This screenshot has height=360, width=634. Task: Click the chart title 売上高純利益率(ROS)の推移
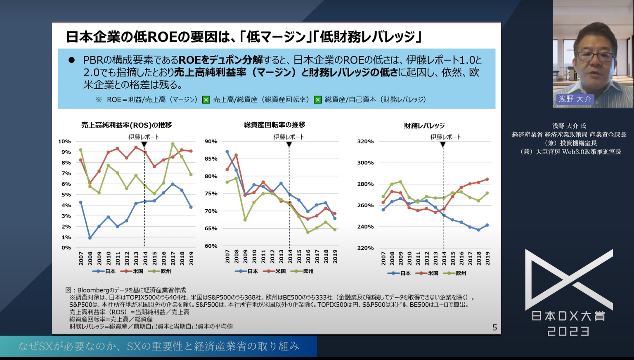(x=126, y=125)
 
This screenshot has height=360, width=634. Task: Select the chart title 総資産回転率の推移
(x=274, y=125)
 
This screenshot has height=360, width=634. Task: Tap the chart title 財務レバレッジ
(x=424, y=126)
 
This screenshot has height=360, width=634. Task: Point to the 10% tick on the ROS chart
(x=64, y=141)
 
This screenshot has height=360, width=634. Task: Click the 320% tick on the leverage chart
(x=365, y=141)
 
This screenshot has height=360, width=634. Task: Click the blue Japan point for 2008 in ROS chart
(x=90, y=238)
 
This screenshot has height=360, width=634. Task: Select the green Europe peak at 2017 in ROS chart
(x=173, y=144)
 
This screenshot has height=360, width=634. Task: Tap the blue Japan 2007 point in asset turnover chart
(x=227, y=152)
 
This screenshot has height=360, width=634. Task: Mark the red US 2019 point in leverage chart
(x=487, y=179)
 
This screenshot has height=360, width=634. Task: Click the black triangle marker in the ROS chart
(x=144, y=144)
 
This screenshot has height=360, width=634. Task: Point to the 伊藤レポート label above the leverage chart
(x=446, y=137)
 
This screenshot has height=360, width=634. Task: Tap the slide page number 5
(x=494, y=328)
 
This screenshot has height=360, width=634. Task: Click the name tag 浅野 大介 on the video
(x=575, y=99)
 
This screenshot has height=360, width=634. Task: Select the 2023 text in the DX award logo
(x=568, y=331)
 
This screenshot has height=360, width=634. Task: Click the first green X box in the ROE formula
(x=206, y=99)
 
